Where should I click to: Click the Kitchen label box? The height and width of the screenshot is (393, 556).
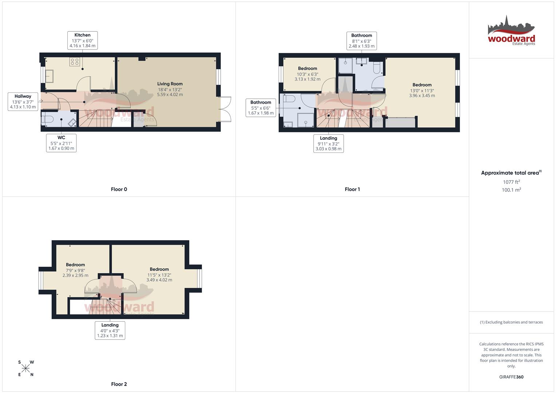coord(82,40)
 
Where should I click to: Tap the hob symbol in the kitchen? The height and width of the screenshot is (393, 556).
coord(75,62)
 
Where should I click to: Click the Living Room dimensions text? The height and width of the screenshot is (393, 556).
coord(170,92)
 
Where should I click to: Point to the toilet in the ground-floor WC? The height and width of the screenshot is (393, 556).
coord(48,119)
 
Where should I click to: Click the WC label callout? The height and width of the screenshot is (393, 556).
coord(61,143)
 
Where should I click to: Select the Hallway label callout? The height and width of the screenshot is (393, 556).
coord(23,102)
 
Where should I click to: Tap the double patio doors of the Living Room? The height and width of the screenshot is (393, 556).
coord(226,109)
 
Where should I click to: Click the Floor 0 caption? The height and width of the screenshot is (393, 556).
coord(119,189)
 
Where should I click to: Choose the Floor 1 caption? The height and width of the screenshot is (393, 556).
coord(352,189)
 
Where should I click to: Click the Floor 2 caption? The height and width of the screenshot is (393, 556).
coord(119,384)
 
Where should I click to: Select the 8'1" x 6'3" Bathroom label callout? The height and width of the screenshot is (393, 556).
coord(361,41)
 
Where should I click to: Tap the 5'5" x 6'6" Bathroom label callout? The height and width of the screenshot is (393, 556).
coord(261,108)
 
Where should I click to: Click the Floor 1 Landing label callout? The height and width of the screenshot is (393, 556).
coord(328,143)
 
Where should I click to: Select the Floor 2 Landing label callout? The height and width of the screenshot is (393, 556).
coord(110,330)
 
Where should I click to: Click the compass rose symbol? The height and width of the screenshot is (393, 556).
coord(25,369)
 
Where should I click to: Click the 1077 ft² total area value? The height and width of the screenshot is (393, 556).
coord(511,182)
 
